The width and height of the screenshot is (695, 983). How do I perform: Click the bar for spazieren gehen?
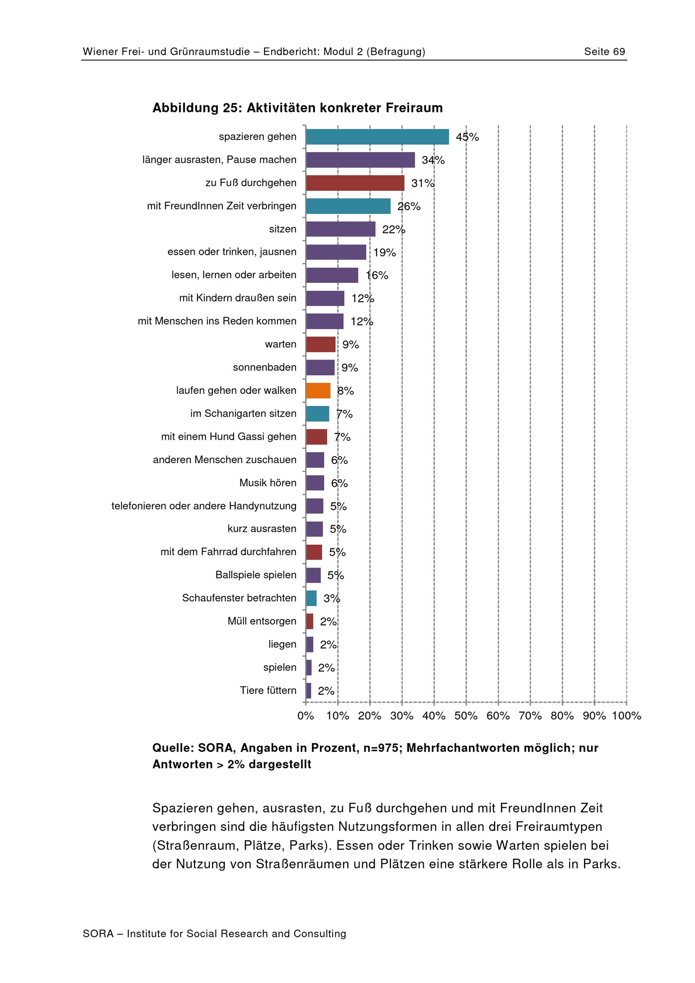(x=377, y=137)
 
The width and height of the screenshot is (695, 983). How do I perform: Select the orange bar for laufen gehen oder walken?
(x=318, y=390)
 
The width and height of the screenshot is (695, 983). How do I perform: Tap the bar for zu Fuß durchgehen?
(x=355, y=183)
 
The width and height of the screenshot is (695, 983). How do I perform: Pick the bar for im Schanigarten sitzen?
(x=318, y=414)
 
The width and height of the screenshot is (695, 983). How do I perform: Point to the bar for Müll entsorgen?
(x=310, y=621)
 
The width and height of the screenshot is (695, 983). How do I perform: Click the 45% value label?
(x=467, y=137)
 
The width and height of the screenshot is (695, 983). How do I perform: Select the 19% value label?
(x=385, y=253)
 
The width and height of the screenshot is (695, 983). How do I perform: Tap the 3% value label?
(x=332, y=598)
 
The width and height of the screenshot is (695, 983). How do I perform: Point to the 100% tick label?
(x=627, y=716)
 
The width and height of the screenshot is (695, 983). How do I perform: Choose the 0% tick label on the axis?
(x=306, y=716)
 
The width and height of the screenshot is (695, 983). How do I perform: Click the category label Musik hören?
(x=268, y=483)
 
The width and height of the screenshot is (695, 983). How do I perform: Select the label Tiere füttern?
(x=268, y=691)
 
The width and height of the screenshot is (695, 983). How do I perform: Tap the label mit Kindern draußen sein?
(x=238, y=298)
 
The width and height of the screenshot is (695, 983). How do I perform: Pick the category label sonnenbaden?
(x=265, y=367)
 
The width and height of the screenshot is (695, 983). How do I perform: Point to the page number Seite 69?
(x=605, y=52)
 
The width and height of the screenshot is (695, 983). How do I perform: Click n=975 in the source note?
(x=382, y=748)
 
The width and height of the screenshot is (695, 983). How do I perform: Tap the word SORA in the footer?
(x=98, y=934)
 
